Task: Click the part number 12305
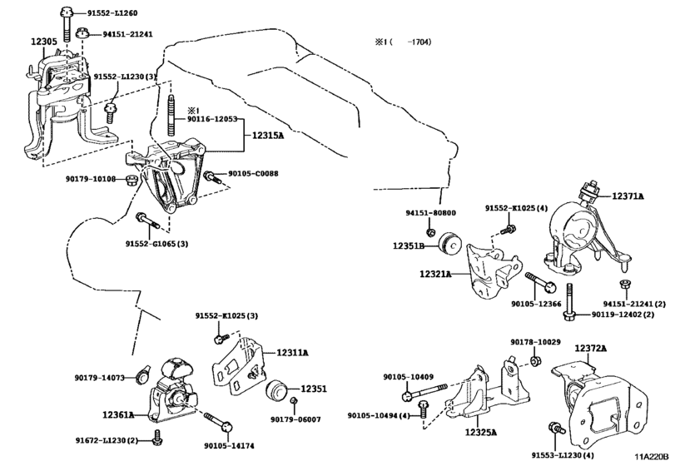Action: pyautogui.click(x=44, y=42)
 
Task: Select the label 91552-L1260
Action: pyautogui.click(x=112, y=13)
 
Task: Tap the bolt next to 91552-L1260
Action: pyautogui.click(x=67, y=24)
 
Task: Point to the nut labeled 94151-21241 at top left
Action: pyautogui.click(x=82, y=32)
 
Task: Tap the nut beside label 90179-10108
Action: pyautogui.click(x=132, y=180)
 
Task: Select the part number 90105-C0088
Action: pyautogui.click(x=253, y=173)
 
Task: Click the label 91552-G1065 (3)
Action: pyautogui.click(x=156, y=244)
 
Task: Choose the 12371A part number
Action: pyautogui.click(x=628, y=196)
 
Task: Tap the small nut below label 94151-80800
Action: pyautogui.click(x=429, y=232)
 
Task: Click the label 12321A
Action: pyautogui.click(x=435, y=274)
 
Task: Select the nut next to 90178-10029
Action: pyautogui.click(x=535, y=360)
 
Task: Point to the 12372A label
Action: pyautogui.click(x=591, y=348)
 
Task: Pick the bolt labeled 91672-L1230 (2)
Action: pyautogui.click(x=157, y=437)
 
